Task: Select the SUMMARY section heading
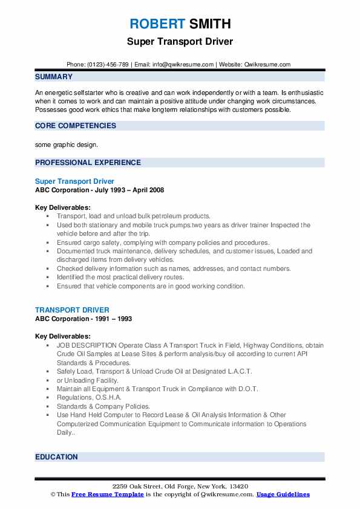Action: (54, 77)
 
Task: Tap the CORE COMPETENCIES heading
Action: (76, 126)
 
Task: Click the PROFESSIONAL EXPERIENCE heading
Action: (88, 163)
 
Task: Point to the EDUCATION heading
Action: (56, 457)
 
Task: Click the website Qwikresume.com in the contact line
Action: (268, 65)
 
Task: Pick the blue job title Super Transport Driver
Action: (74, 181)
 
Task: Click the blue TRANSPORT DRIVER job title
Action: (72, 310)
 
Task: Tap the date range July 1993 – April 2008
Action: (126, 190)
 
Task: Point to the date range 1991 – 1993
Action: (110, 319)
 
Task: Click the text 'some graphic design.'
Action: (65, 144)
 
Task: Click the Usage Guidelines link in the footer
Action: (283, 494)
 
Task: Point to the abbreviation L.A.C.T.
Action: (238, 371)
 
